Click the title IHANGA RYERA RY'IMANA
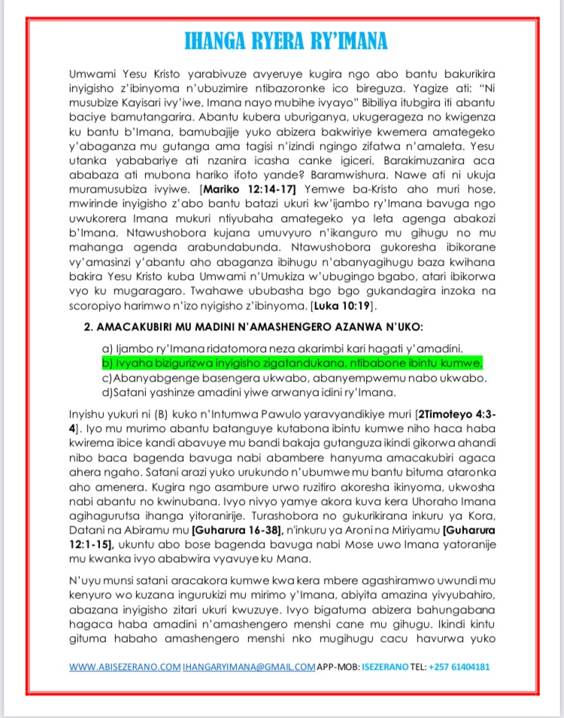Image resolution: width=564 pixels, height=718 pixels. [282, 40]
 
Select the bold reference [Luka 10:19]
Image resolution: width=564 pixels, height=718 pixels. [344, 307]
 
